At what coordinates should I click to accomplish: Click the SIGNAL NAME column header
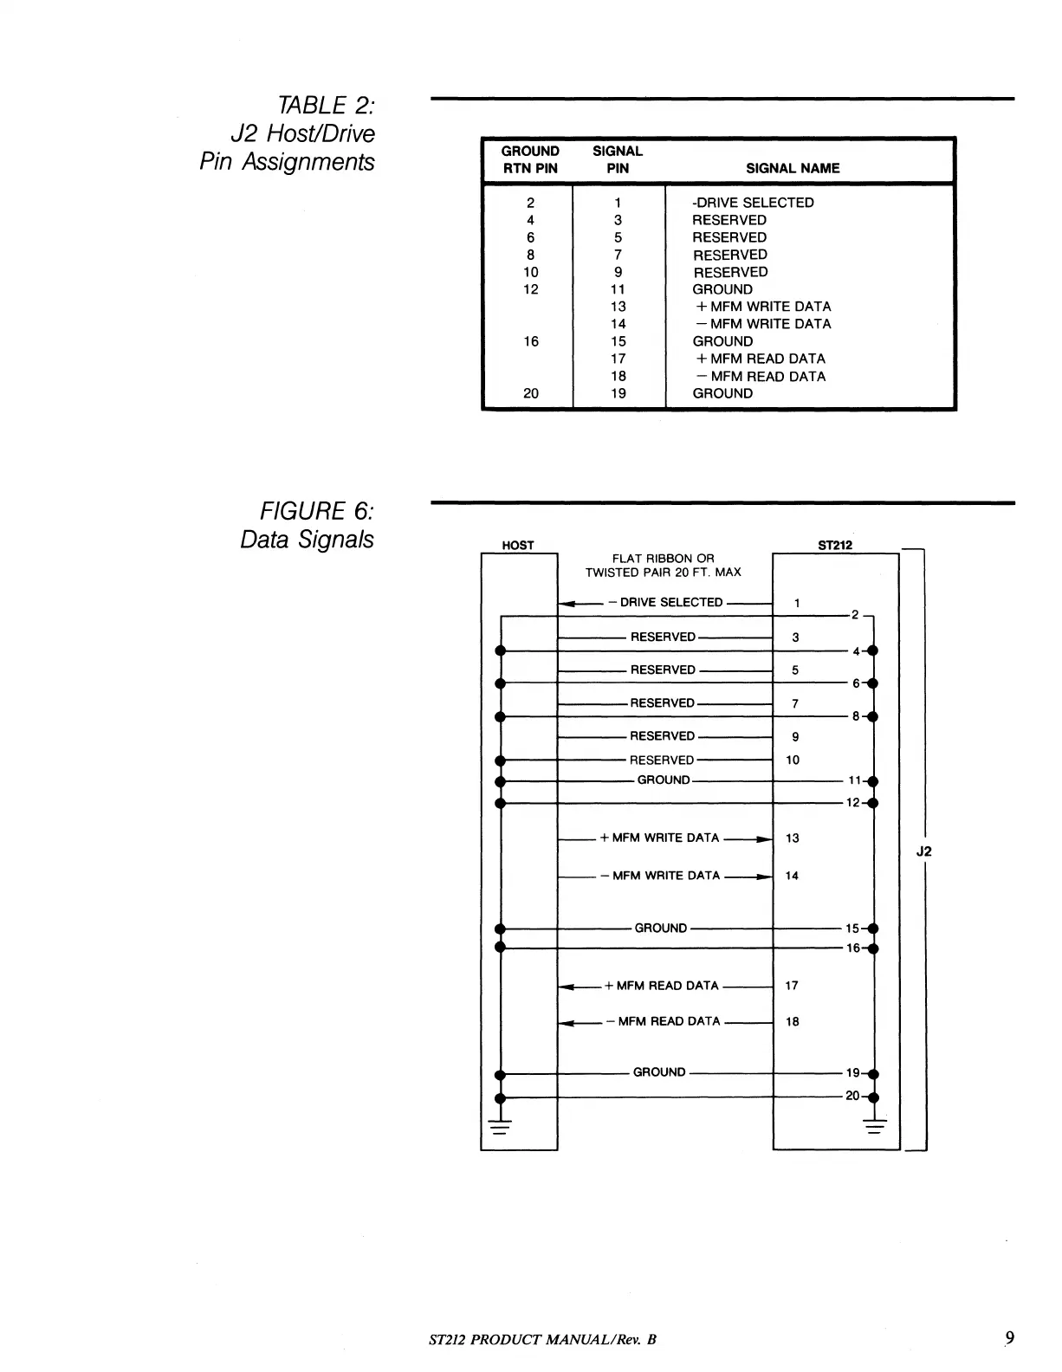point(793,168)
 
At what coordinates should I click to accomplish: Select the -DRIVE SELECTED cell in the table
point(753,203)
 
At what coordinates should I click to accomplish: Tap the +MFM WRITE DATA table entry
point(762,307)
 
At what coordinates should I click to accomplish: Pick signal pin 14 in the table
point(618,324)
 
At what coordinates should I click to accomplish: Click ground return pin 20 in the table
point(531,393)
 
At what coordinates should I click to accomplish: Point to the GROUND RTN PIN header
point(530,159)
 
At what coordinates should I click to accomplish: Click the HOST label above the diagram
point(518,545)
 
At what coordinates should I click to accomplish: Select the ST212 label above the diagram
point(835,545)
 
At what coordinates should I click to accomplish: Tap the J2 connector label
point(924,851)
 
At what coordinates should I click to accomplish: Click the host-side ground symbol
point(499,1127)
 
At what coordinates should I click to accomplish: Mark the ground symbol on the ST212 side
point(875,1127)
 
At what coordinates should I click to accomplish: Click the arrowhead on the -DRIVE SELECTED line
point(568,604)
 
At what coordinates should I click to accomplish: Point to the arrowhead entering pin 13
point(762,839)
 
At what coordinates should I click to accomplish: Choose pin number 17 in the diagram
point(792,986)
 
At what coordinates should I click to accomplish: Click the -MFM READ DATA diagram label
point(669,1021)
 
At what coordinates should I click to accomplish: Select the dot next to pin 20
point(873,1097)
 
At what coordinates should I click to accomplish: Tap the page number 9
point(1009,1338)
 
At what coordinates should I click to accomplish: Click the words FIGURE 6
point(317,511)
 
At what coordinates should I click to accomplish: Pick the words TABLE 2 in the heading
point(325,106)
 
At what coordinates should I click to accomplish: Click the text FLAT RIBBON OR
point(663,559)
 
